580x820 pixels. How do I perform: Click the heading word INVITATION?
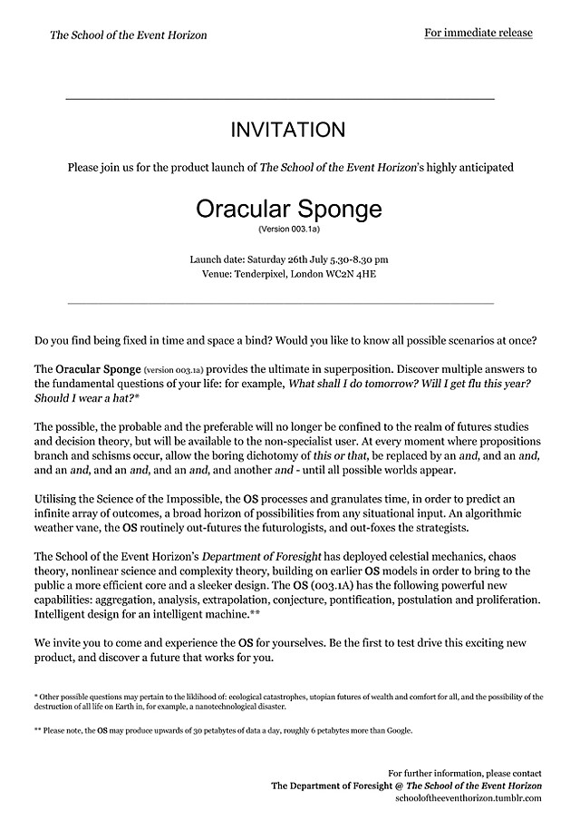point(288,130)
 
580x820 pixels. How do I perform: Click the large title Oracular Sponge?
point(288,210)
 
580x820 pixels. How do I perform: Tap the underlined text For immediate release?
point(478,34)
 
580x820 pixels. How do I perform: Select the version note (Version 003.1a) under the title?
point(288,229)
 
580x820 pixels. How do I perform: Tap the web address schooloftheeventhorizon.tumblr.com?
point(469,797)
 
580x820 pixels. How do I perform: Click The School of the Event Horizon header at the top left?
point(128,35)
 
